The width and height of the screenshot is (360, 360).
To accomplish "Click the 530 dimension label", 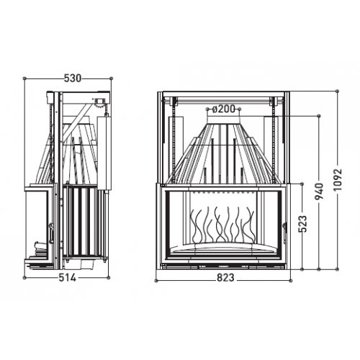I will click(x=70, y=78).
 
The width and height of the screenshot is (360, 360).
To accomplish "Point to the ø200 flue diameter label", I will click(x=225, y=109).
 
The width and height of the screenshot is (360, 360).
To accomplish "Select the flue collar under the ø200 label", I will click(x=225, y=120).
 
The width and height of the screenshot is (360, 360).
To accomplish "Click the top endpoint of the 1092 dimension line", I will click(x=338, y=91).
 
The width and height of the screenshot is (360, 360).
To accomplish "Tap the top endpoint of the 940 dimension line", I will click(x=320, y=113).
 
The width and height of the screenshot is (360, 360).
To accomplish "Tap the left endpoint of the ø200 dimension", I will click(x=207, y=109).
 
